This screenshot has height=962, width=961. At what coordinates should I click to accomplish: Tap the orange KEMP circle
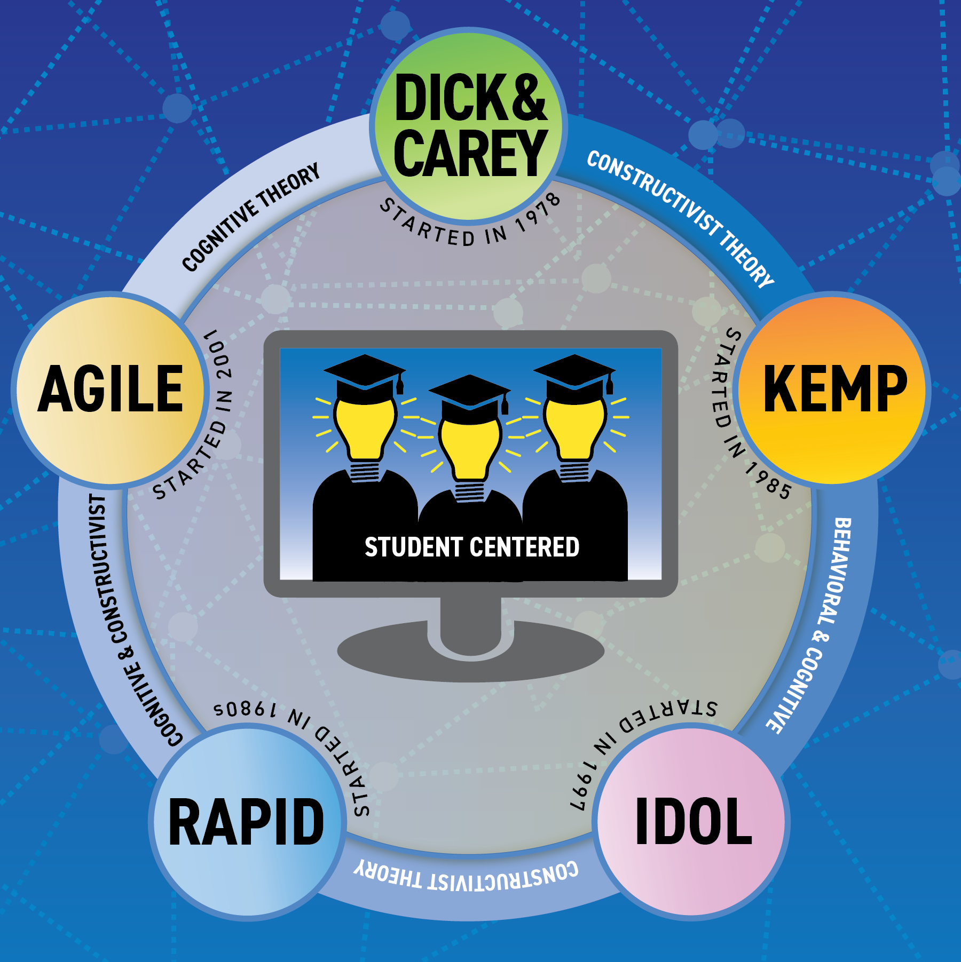point(833,388)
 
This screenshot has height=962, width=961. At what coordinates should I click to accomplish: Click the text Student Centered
point(471,547)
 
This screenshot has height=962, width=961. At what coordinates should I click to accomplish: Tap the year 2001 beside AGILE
point(220,355)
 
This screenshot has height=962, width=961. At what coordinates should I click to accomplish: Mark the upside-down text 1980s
point(245,709)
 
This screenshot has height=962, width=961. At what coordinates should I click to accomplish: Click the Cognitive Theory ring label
point(250,217)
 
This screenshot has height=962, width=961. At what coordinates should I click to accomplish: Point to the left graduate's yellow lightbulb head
point(365,424)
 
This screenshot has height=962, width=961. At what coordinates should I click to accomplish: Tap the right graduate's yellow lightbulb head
point(574,424)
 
